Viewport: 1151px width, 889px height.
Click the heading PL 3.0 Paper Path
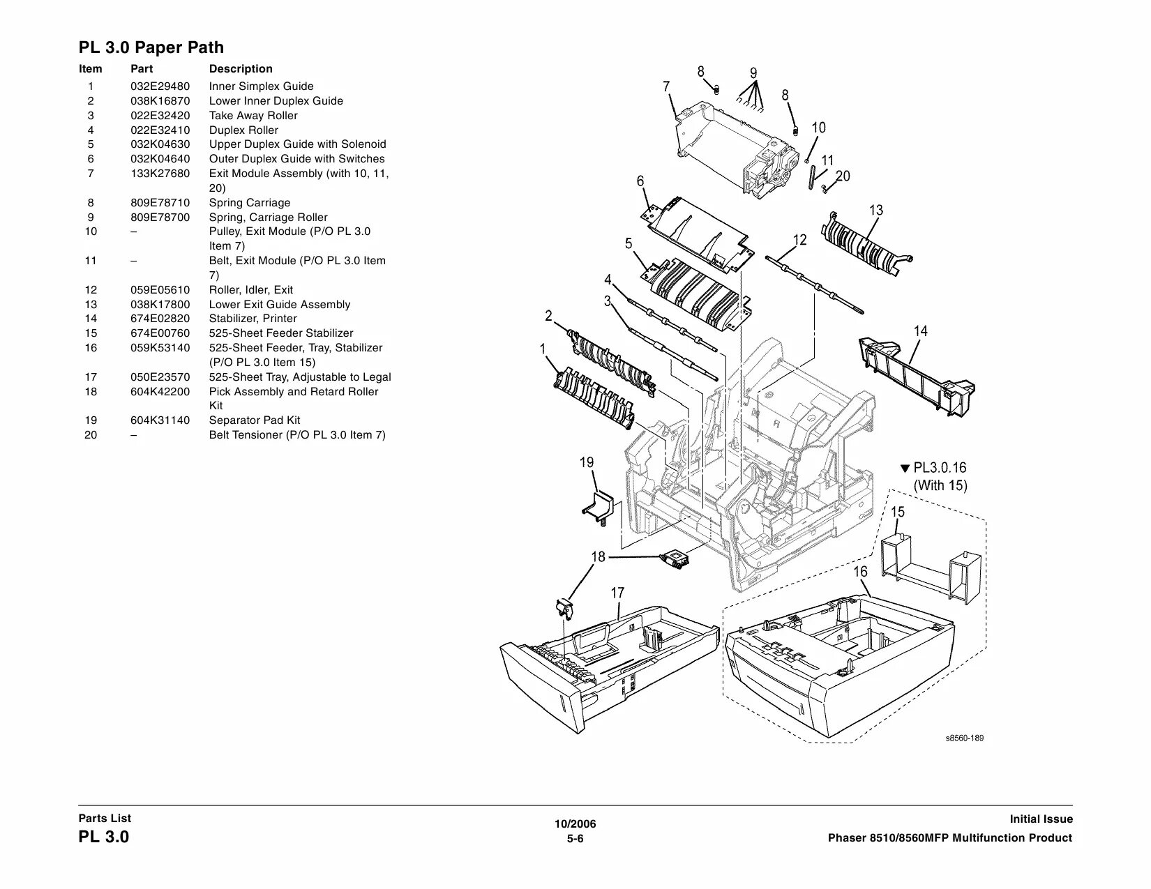click(151, 47)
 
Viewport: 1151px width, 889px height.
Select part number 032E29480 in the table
click(160, 86)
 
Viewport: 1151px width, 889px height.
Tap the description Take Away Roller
click(253, 116)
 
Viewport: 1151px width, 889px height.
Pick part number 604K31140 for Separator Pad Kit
click(160, 420)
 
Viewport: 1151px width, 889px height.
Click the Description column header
click(241, 69)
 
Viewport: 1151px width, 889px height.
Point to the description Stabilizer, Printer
click(253, 319)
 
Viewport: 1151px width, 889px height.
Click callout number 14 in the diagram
click(921, 331)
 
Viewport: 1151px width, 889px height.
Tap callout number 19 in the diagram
click(587, 462)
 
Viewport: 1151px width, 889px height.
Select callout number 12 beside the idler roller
click(799, 240)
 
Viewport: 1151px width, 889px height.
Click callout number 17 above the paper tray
click(617, 593)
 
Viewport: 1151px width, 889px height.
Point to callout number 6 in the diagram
click(640, 181)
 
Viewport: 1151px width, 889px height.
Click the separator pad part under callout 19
click(598, 506)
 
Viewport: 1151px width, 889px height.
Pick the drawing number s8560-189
click(965, 738)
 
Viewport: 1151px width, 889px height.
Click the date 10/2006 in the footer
click(575, 824)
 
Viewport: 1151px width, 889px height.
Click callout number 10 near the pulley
click(819, 128)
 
